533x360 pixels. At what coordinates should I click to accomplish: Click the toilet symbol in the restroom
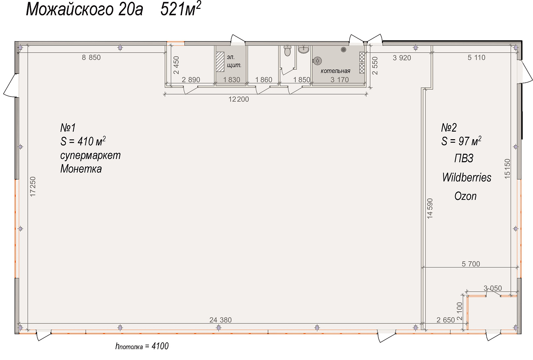[288, 51]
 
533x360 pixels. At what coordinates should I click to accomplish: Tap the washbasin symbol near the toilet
[303, 49]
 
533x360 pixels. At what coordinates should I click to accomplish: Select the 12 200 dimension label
[239, 99]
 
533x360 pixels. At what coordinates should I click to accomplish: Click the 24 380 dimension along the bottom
[220, 320]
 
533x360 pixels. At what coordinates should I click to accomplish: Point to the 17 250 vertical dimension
[33, 187]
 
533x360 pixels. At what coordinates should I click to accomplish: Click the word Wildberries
[467, 178]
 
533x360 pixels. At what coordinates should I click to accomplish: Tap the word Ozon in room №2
[465, 196]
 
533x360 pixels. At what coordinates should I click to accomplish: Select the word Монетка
[81, 169]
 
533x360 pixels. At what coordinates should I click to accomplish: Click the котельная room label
[335, 71]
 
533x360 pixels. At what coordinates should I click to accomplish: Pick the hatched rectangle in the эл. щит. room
[220, 62]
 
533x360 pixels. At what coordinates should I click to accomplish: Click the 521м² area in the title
[181, 9]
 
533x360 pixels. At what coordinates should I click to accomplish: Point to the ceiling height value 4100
[160, 346]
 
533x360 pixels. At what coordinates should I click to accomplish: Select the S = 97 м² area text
[461, 141]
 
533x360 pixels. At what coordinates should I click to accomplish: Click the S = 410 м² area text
[83, 141]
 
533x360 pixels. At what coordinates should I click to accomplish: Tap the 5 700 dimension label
[471, 264]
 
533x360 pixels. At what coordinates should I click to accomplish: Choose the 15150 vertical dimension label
[507, 169]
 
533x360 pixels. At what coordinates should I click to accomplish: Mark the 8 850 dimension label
[91, 57]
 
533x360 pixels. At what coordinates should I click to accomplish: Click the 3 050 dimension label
[492, 288]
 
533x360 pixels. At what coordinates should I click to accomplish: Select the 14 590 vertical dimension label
[430, 208]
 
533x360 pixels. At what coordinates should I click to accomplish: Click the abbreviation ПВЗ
[464, 158]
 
